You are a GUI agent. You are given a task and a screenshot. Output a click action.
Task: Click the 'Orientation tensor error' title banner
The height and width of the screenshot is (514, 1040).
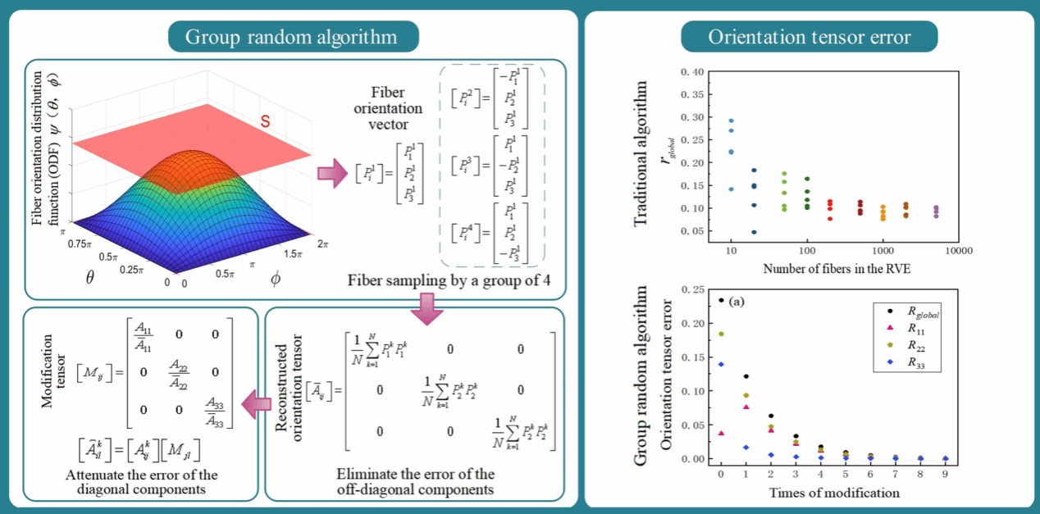click(810, 37)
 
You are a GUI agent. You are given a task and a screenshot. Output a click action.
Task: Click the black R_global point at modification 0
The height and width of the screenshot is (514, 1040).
click(721, 300)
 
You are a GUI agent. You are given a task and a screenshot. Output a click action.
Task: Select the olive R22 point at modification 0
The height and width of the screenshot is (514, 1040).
click(721, 334)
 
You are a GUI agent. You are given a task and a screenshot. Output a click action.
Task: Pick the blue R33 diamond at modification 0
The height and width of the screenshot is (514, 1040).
click(721, 364)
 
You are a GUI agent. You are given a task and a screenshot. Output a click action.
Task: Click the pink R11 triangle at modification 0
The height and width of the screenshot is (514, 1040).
click(721, 433)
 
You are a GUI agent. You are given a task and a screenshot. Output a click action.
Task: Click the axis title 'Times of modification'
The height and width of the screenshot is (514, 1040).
click(834, 493)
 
